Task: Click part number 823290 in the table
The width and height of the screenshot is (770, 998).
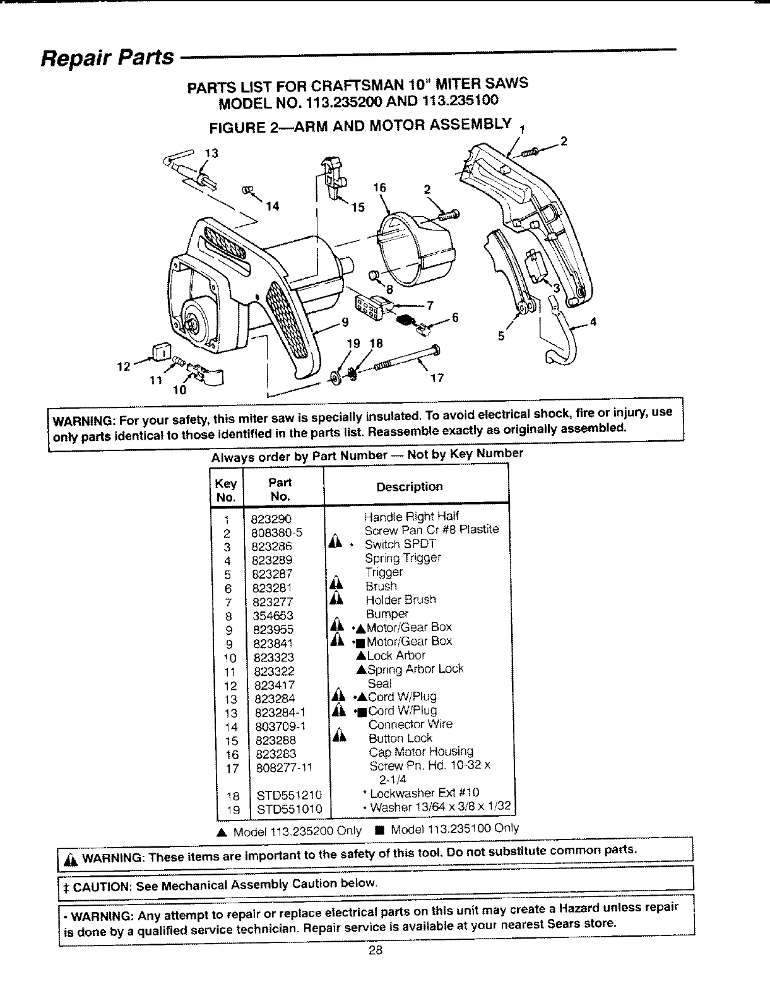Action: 271,519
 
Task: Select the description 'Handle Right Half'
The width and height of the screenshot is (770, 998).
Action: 412,516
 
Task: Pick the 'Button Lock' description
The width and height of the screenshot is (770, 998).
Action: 400,738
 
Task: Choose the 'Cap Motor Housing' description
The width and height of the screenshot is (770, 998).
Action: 421,752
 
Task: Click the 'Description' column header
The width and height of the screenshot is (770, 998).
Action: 410,486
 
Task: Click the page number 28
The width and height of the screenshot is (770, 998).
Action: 376,952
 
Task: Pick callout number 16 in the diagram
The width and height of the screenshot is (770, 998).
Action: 379,188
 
